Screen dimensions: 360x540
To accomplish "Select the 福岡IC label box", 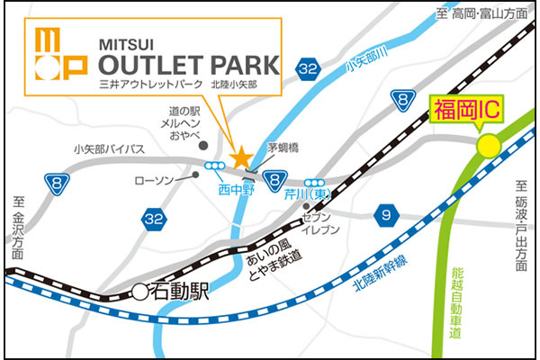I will [x=466, y=112].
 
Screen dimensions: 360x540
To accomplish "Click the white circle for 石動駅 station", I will [x=139, y=291].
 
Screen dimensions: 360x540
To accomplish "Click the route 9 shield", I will [x=386, y=214].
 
